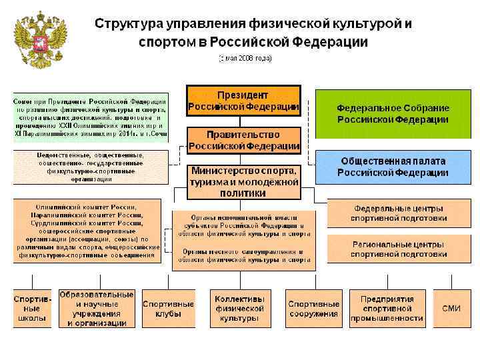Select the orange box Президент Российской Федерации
pyautogui.click(x=243, y=99)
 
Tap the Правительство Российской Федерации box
pyautogui.click(x=243, y=140)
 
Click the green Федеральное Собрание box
pyautogui.click(x=393, y=113)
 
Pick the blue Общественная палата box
pyautogui.click(x=393, y=167)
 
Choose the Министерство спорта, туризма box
pyautogui.click(x=243, y=182)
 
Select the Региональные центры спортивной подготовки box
pyautogui.click(x=399, y=249)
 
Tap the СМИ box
pyautogui.click(x=451, y=308)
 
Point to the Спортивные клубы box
pyautogui.click(x=168, y=309)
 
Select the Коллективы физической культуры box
pyautogui.click(x=239, y=309)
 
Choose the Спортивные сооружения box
pyautogui.click(x=313, y=309)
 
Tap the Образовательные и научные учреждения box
pyautogui.click(x=97, y=309)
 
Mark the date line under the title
pyautogui.click(x=246, y=58)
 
